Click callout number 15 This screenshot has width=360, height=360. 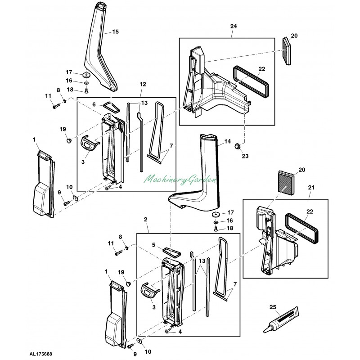(115, 31)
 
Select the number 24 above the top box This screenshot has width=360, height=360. (233, 26)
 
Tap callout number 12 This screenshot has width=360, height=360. (143, 85)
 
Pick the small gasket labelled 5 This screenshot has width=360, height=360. (171, 249)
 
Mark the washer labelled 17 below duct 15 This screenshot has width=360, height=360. (85, 75)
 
